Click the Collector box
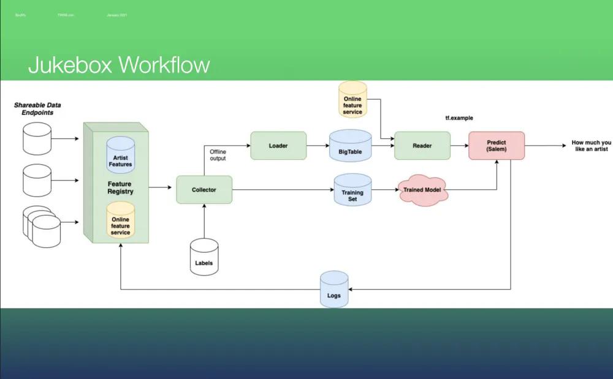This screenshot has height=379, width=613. point(204,190)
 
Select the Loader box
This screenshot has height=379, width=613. point(278,146)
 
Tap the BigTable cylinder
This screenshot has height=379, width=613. point(351,146)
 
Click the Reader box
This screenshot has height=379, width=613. point(422,146)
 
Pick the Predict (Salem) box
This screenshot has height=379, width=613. point(497,146)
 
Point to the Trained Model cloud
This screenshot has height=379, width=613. point(423,190)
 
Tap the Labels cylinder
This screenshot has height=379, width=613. point(204,256)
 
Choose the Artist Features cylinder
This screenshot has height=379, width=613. point(120,156)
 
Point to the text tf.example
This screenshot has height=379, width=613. point(459,118)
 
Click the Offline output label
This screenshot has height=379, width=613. point(218,155)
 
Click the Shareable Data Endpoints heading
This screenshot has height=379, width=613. point(37,109)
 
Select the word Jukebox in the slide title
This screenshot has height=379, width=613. point(69,65)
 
